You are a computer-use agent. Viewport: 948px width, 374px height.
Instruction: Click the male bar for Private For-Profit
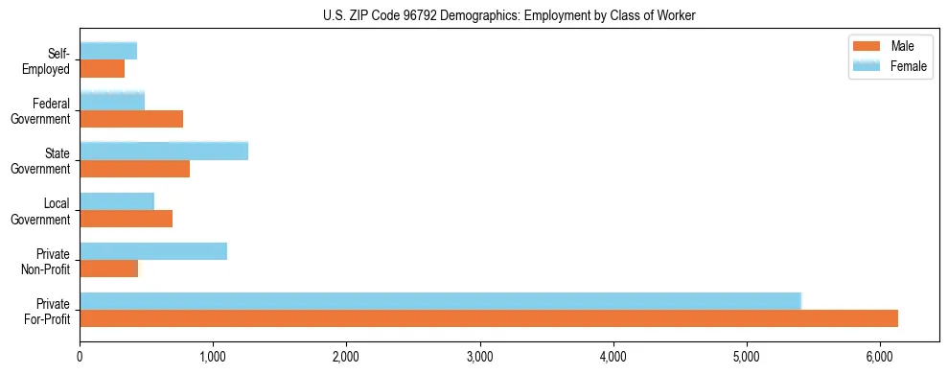coord(489,318)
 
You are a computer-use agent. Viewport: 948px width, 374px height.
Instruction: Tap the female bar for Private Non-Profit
coord(153,251)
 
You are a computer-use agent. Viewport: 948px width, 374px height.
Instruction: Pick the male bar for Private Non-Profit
coord(108,269)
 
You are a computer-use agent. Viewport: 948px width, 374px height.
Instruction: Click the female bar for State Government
coord(164,151)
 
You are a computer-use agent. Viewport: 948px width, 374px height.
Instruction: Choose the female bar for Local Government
coord(117,200)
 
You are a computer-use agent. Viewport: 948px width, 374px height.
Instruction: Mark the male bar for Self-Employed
coord(102,69)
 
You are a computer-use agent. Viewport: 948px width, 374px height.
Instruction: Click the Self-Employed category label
coord(50,61)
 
